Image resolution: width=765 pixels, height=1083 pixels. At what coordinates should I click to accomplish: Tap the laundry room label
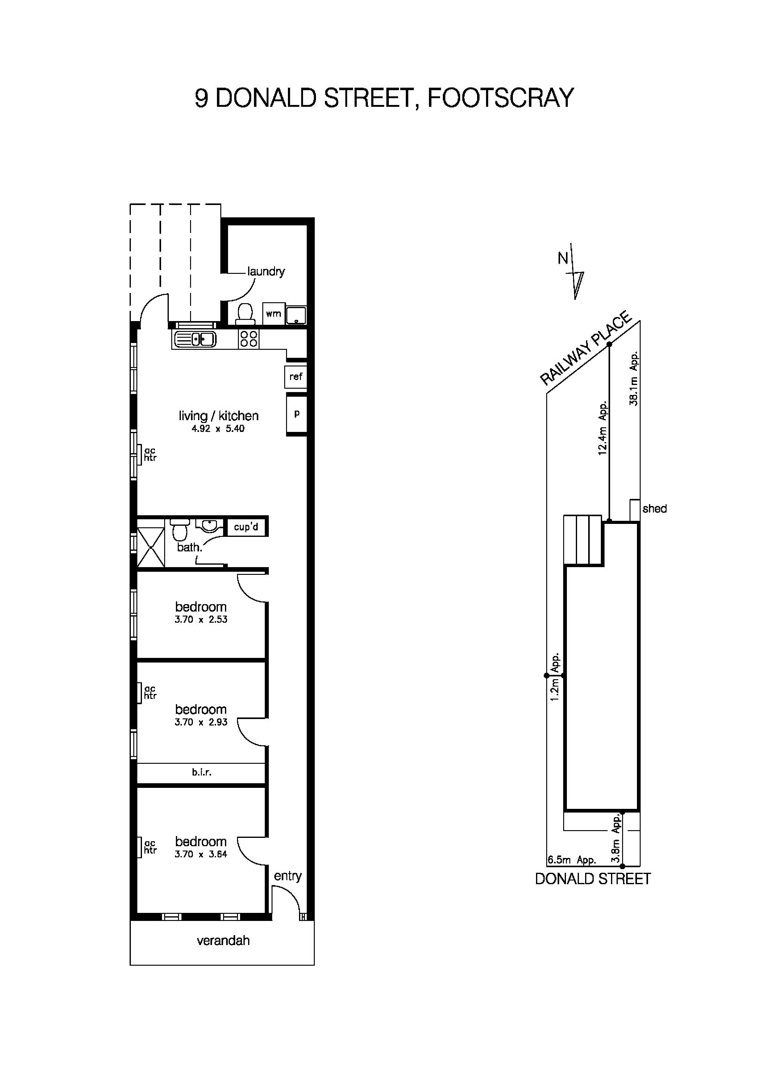point(266,271)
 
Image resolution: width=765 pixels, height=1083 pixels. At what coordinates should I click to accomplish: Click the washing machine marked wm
point(273,314)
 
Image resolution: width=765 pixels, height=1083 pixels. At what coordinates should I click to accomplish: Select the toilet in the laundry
point(245,314)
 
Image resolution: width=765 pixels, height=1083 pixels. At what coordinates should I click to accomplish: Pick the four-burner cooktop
point(249,339)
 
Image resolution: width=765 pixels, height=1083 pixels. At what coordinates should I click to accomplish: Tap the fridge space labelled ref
point(296,376)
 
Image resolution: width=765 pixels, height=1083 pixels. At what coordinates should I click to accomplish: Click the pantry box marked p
point(297,414)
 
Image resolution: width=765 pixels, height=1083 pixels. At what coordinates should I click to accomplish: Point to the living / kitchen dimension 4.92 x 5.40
point(218,429)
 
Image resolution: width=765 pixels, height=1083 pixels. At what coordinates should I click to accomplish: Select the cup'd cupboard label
point(246,527)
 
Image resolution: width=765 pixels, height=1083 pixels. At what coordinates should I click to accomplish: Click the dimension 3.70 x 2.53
point(201,620)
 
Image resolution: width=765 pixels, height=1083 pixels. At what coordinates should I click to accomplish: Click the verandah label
point(223,941)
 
